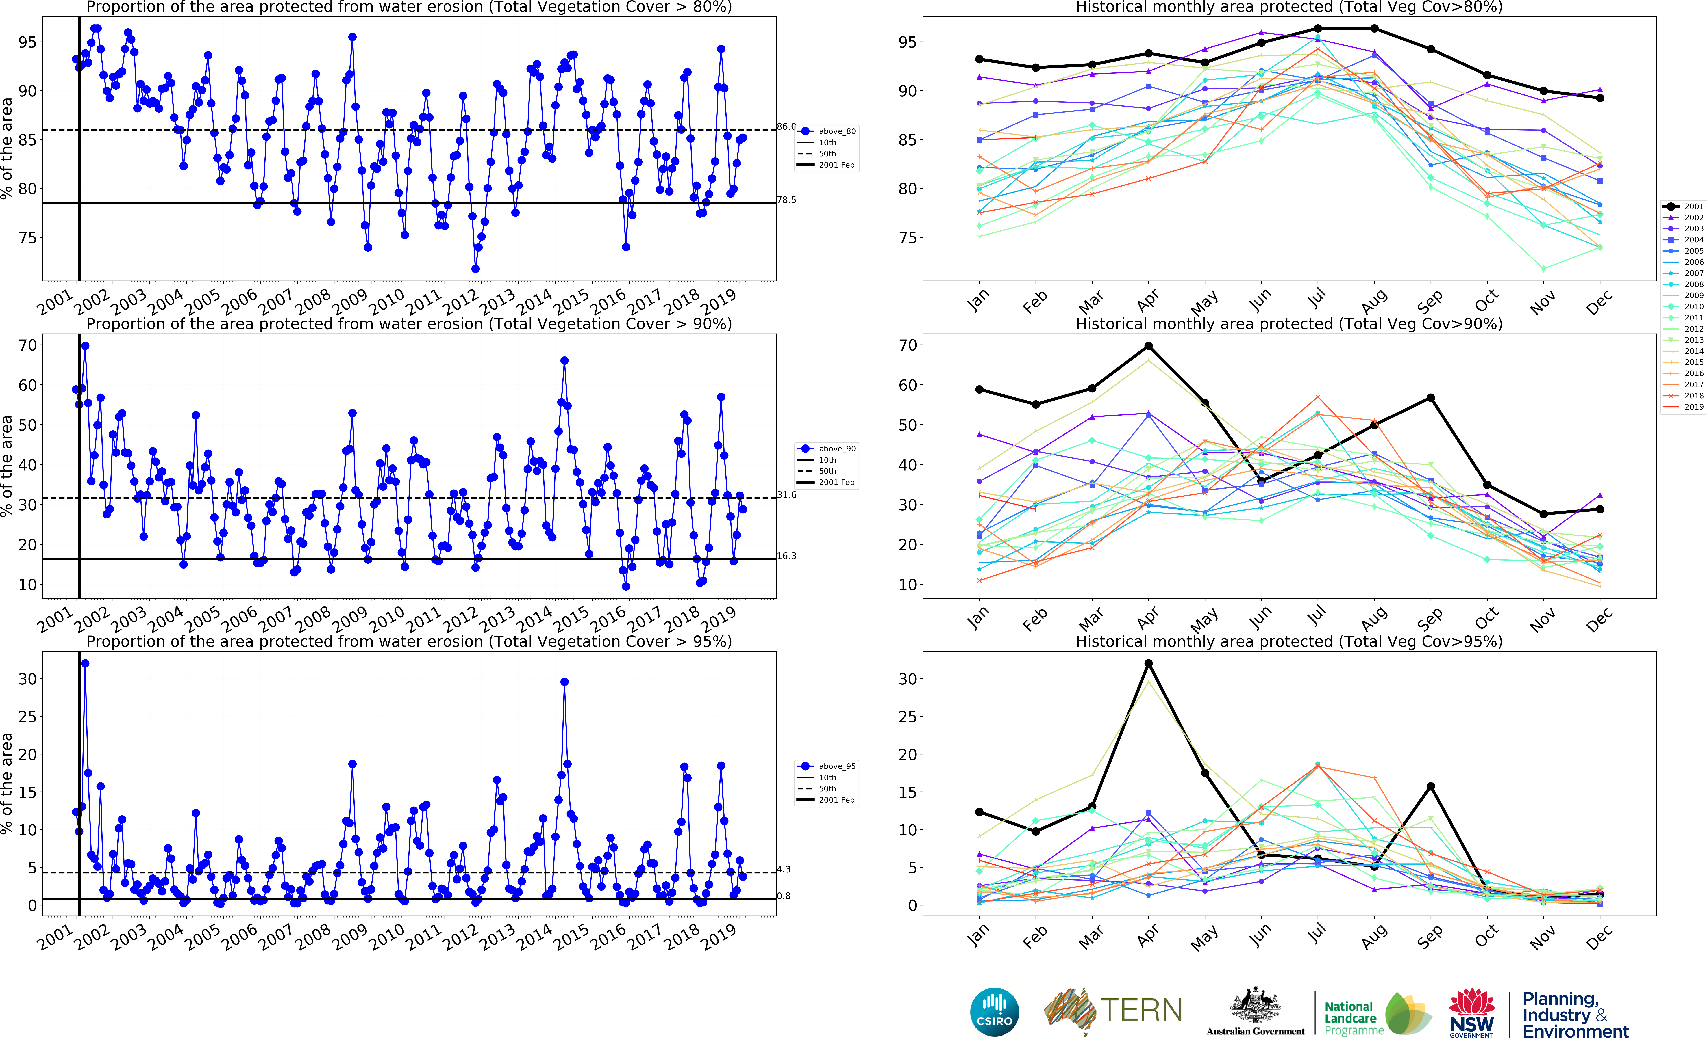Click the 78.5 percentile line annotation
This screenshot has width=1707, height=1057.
pyautogui.click(x=786, y=200)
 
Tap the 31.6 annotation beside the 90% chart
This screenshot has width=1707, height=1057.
pyautogui.click(x=786, y=495)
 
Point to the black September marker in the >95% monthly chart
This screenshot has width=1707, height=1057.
pyautogui.click(x=1431, y=786)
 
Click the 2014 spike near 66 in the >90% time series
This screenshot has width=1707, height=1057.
pyautogui.click(x=564, y=361)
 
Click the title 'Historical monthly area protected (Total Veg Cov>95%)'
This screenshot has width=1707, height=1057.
pyautogui.click(x=1289, y=641)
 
